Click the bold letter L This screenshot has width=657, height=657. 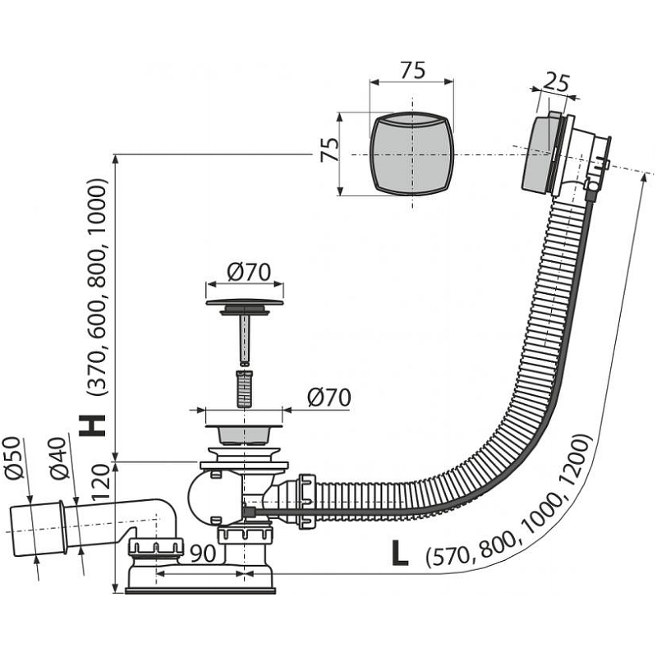(x=399, y=552)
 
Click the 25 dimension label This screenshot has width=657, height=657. (x=556, y=82)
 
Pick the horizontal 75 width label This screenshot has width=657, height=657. (x=412, y=71)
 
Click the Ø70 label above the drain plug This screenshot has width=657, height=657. (x=244, y=270)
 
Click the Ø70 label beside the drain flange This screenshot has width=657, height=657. (x=328, y=397)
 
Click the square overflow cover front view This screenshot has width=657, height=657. (x=412, y=154)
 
